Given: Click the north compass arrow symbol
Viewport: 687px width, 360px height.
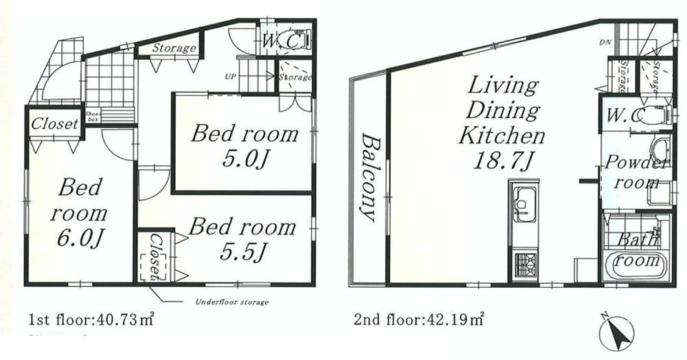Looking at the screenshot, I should (x=616, y=334).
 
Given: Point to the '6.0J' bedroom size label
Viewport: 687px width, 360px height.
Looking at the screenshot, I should (x=80, y=238).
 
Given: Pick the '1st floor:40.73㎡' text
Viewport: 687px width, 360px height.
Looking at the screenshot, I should (x=91, y=319).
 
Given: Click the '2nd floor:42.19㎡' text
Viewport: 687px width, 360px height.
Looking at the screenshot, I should (x=419, y=319).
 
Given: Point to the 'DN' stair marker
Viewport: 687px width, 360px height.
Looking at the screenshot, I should (x=605, y=43).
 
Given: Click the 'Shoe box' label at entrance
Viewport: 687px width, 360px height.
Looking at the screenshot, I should (x=92, y=115).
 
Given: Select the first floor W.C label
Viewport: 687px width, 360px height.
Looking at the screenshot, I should (x=281, y=42).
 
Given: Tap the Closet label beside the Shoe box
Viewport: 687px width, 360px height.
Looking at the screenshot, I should (x=55, y=124).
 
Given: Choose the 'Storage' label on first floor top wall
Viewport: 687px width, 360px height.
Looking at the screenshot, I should (x=174, y=48).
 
